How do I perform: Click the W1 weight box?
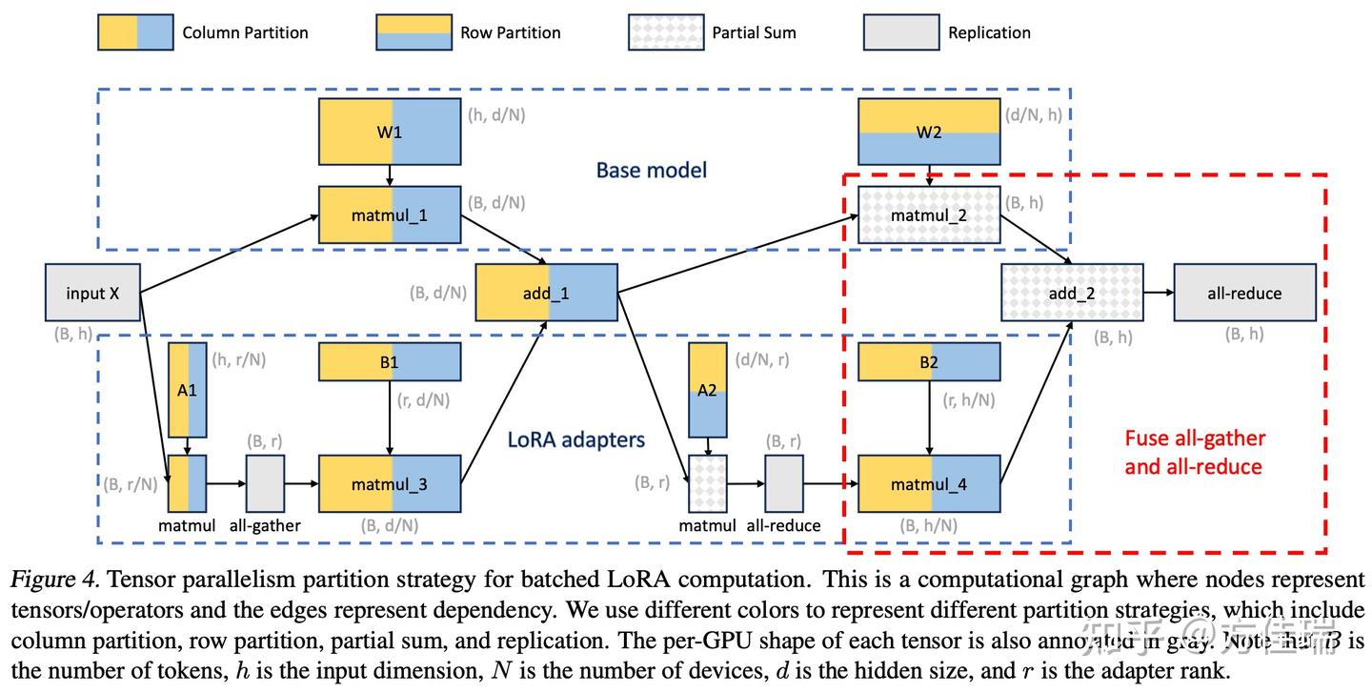pyautogui.click(x=389, y=132)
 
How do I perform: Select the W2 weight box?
pyautogui.click(x=929, y=132)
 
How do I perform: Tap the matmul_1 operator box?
pyautogui.click(x=389, y=215)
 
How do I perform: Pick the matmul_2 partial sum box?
pyautogui.click(x=929, y=215)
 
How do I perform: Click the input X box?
pyautogui.click(x=92, y=293)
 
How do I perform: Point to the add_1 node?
pyautogui.click(x=546, y=293)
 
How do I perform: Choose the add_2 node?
pyautogui.click(x=1071, y=293)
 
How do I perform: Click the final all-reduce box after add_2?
pyautogui.click(x=1244, y=293)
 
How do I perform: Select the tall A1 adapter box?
pyautogui.click(x=187, y=390)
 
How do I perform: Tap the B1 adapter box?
pyautogui.click(x=389, y=362)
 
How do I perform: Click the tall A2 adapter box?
pyautogui.click(x=707, y=390)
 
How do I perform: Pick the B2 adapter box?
pyautogui.click(x=929, y=362)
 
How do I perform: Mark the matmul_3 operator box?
pyautogui.click(x=389, y=484)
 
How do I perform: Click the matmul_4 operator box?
pyautogui.click(x=929, y=484)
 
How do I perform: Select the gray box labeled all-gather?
pyautogui.click(x=265, y=484)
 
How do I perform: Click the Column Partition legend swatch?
pyautogui.click(x=135, y=32)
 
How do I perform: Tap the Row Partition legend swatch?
pyautogui.click(x=414, y=32)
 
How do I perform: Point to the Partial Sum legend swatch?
pyautogui.click(x=665, y=32)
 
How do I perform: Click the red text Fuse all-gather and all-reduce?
pyautogui.click(x=1195, y=452)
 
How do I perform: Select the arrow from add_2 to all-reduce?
pyautogui.click(x=1158, y=293)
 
